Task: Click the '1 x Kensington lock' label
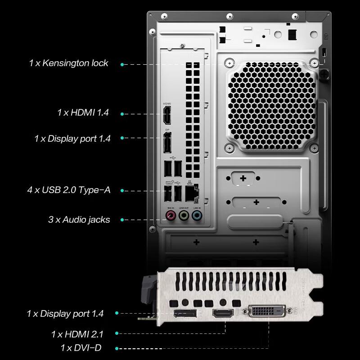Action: [x=68, y=63]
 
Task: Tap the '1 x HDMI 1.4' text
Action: [x=83, y=112]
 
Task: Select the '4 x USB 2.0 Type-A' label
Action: [x=68, y=190]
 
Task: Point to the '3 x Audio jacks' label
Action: [x=79, y=220]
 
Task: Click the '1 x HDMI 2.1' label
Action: [x=77, y=334]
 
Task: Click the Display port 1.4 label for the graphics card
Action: [x=65, y=313]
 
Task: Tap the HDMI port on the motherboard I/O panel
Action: [x=167, y=116]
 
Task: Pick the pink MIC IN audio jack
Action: [x=171, y=216]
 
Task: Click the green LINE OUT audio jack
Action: [x=183, y=216]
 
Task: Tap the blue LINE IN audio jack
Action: [x=196, y=216]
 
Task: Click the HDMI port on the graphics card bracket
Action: [x=223, y=314]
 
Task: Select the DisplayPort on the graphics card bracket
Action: [x=185, y=314]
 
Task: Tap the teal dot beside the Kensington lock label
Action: [x=122, y=64]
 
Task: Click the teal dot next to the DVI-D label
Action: [x=117, y=348]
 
